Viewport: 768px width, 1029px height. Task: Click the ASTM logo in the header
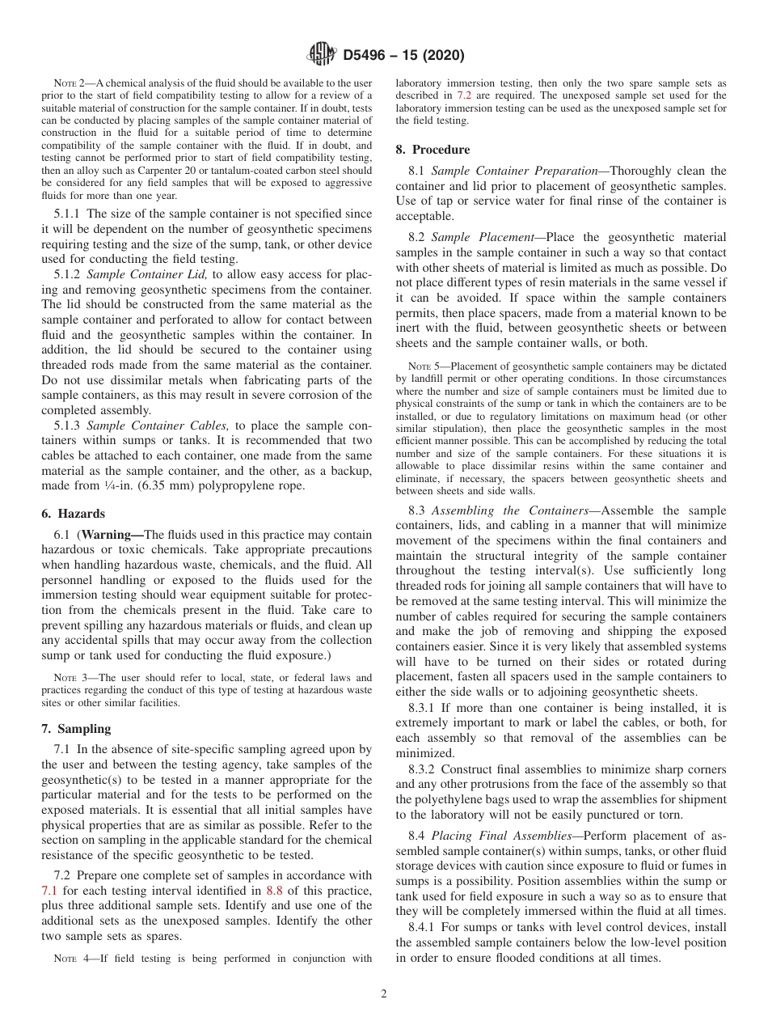322,56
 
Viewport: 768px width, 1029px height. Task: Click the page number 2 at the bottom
384,994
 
